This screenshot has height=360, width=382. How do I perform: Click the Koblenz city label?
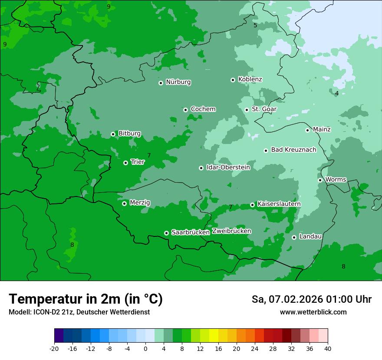tap(250, 79)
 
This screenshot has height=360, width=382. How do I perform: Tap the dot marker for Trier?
tap(125, 163)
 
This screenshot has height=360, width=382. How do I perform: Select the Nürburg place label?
tap(178, 82)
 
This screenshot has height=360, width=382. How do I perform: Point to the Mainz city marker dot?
tap(307, 130)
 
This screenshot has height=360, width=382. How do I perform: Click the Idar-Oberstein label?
tap(228, 167)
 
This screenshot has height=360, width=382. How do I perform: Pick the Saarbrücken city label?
tap(191, 232)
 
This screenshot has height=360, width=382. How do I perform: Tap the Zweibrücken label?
tap(231, 231)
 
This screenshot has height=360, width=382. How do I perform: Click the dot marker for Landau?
tap(294, 237)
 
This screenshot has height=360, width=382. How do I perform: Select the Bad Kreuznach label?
tap(293, 150)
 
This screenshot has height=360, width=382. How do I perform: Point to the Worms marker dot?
tap(320, 180)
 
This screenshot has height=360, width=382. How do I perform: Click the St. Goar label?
tap(264, 109)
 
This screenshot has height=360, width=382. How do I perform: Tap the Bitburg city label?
tap(129, 134)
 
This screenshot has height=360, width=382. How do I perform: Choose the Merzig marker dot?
tap(124, 203)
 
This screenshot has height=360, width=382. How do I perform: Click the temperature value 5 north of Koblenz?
tap(255, 25)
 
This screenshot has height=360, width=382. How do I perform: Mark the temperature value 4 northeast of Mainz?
tap(337, 93)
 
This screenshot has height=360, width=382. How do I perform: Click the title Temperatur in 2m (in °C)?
tap(86, 299)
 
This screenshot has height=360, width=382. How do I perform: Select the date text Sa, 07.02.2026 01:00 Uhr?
tap(311, 299)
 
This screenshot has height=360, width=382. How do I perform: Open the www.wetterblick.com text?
tap(313, 312)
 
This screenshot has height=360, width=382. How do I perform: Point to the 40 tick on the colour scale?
tap(328, 348)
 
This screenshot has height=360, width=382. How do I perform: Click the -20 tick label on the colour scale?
tap(54, 348)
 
